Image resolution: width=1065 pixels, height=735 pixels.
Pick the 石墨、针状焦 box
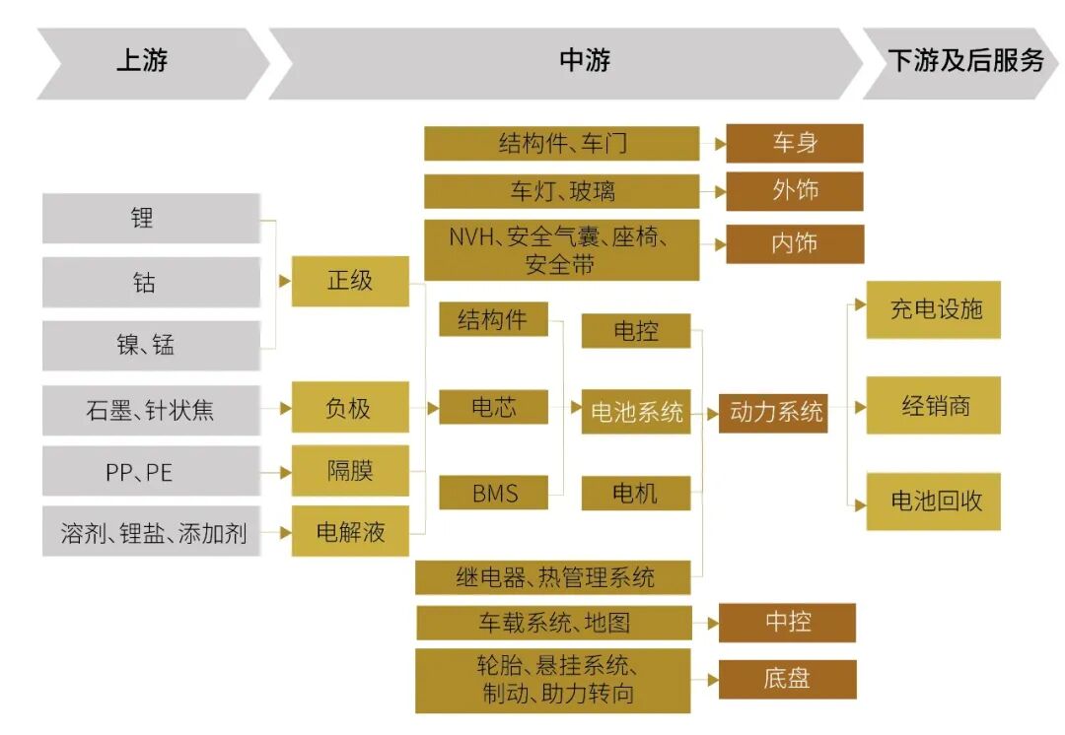[x=151, y=410]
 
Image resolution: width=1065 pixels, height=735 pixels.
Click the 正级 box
[x=350, y=280]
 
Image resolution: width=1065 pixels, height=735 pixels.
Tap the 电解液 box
[x=350, y=532]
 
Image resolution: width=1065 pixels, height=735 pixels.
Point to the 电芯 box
[x=493, y=407]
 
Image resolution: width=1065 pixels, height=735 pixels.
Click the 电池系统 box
[x=636, y=412]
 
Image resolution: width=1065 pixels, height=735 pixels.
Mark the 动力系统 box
[x=775, y=412]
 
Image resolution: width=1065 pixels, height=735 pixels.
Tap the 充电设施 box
[x=933, y=309]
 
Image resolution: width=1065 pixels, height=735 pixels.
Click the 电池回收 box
[x=933, y=501]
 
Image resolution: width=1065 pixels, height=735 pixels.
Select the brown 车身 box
[x=794, y=143]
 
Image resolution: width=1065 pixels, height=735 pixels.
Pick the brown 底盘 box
[x=787, y=679]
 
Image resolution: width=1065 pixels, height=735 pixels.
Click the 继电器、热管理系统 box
[x=554, y=576]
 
